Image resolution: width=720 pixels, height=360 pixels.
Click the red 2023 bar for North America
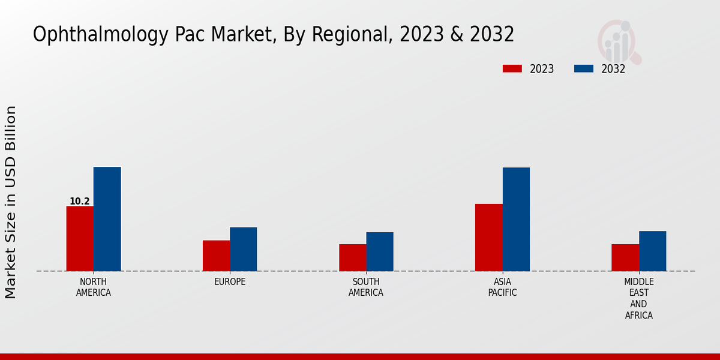(x=80, y=238)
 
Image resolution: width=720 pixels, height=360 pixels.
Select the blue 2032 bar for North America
(x=107, y=219)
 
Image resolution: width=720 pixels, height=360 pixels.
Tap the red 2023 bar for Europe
(x=216, y=256)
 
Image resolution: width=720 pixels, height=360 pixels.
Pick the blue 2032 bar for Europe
(x=243, y=249)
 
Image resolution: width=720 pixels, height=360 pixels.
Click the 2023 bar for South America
(x=352, y=257)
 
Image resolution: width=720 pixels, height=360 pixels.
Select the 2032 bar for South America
(x=380, y=251)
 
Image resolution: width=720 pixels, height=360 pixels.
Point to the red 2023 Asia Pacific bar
(x=488, y=238)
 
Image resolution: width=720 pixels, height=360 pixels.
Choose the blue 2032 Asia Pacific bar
(x=516, y=219)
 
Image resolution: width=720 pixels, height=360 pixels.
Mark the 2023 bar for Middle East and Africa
(x=625, y=257)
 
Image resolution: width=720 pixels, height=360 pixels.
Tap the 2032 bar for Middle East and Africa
(x=652, y=251)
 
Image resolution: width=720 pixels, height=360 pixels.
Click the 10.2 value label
(x=80, y=202)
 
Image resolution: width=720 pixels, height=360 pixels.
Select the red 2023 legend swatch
(x=512, y=69)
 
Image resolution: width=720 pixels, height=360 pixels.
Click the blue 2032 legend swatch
(x=583, y=69)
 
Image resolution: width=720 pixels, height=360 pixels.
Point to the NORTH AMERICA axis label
(x=94, y=287)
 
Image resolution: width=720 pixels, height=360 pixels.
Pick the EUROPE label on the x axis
(x=230, y=282)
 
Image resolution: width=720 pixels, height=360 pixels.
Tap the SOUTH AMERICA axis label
(x=366, y=287)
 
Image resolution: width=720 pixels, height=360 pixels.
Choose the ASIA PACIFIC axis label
(x=502, y=287)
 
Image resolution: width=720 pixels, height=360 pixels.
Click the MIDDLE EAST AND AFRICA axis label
(x=638, y=299)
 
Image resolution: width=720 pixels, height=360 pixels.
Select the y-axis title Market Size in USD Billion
(x=11, y=202)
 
